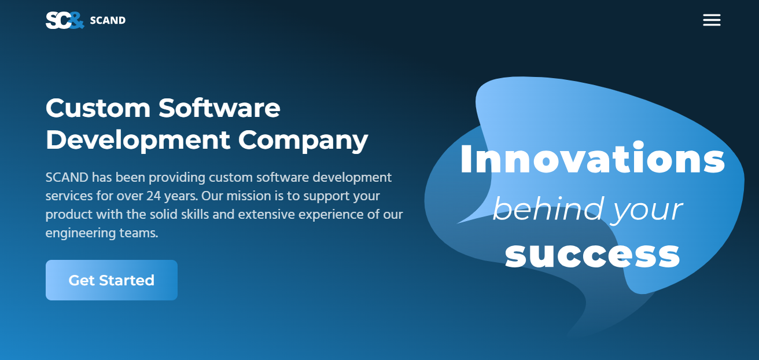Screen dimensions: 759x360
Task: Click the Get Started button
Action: click(x=112, y=280)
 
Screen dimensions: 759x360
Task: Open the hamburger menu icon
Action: click(x=712, y=20)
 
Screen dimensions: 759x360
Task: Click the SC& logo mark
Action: click(x=65, y=20)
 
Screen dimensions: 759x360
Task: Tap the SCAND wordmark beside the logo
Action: click(x=108, y=20)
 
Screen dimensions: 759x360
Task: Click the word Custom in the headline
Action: click(x=98, y=108)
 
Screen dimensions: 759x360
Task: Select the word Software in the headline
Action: click(x=220, y=108)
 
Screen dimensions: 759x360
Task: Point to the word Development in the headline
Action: click(x=138, y=140)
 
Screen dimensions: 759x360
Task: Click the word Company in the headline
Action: click(x=303, y=141)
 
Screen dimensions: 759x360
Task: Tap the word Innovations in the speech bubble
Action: click(x=592, y=158)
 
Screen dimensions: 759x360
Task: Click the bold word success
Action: click(x=592, y=255)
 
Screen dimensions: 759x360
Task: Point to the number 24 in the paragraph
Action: click(x=153, y=196)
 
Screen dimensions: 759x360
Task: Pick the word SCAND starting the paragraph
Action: click(x=67, y=178)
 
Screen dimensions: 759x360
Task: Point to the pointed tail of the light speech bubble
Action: click(x=458, y=223)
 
